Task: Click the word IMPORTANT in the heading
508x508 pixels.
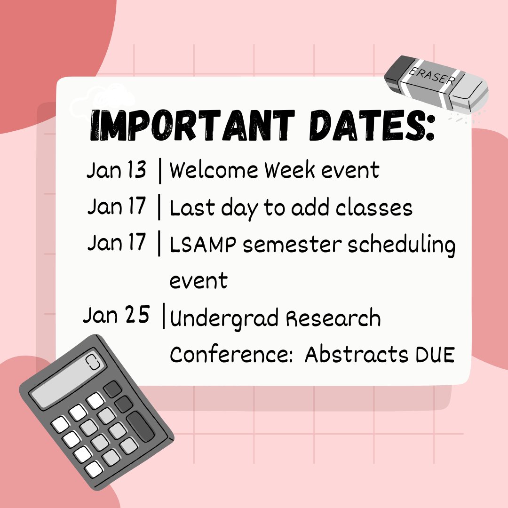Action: (x=192, y=125)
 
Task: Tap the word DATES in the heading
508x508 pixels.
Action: (x=372, y=125)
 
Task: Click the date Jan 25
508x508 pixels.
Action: (x=116, y=315)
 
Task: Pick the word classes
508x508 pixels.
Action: (x=374, y=207)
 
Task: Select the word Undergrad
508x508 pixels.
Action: (x=224, y=318)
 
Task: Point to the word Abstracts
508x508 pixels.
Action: (x=357, y=354)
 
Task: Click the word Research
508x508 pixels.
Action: (x=333, y=317)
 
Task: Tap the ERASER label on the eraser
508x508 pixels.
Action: (x=431, y=76)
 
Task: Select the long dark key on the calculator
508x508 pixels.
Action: (x=141, y=426)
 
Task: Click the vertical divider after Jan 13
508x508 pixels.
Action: (x=160, y=171)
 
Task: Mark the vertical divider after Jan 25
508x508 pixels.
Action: (x=164, y=316)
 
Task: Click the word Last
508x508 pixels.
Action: (x=192, y=207)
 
